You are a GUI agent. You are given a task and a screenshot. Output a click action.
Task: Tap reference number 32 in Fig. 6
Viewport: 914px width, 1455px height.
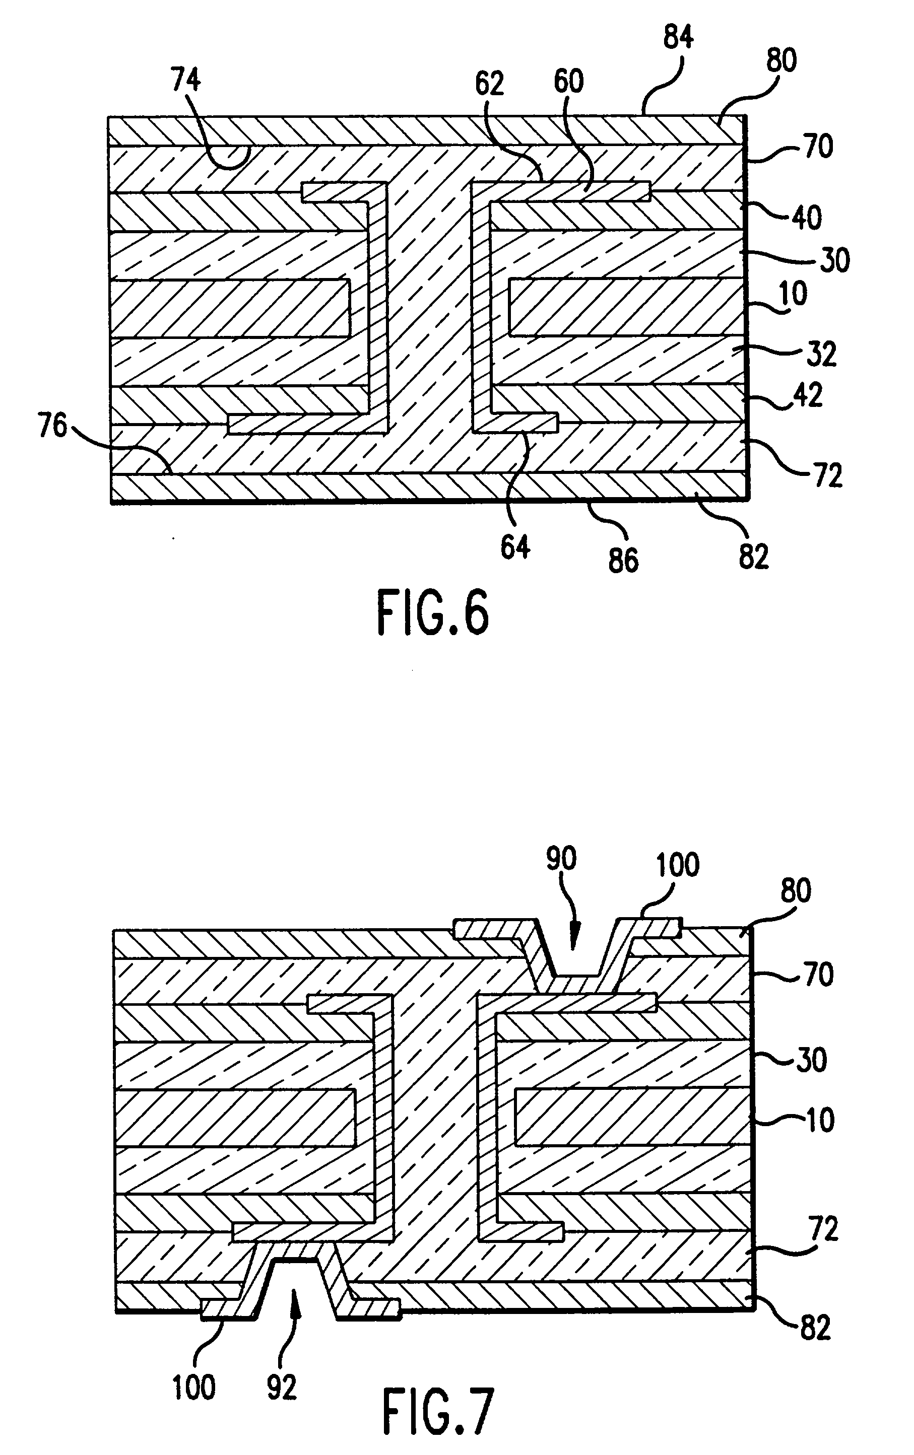(x=821, y=354)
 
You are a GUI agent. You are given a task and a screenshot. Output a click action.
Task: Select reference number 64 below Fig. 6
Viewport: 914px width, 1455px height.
(x=515, y=547)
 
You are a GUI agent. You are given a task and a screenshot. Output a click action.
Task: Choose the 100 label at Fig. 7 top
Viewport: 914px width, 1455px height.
(x=678, y=865)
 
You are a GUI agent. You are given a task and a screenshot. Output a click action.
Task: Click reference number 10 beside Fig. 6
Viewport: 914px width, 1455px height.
(x=794, y=294)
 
